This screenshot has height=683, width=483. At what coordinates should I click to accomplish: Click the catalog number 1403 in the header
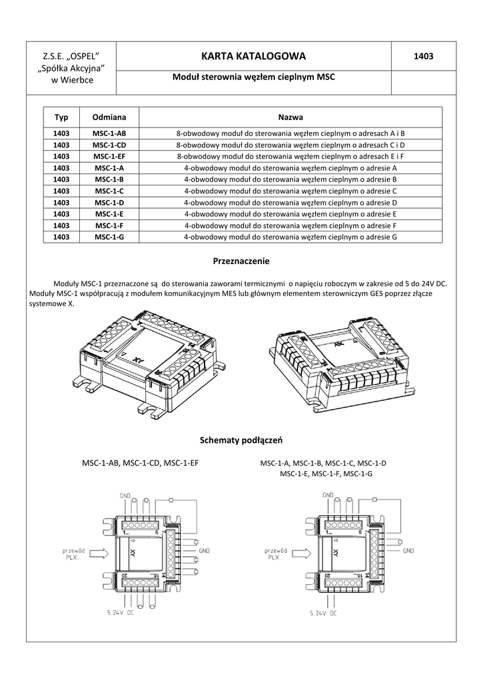(423, 57)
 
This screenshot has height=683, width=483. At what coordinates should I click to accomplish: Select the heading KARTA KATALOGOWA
(253, 56)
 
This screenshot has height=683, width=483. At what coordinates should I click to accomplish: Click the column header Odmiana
(109, 117)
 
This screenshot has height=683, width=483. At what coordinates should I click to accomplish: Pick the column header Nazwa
(290, 117)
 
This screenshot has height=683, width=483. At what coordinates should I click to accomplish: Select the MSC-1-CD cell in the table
(109, 145)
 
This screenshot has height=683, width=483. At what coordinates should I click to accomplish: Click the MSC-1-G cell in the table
(109, 236)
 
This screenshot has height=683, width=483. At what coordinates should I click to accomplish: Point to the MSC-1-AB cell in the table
(109, 133)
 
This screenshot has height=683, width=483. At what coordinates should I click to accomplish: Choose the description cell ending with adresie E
(290, 213)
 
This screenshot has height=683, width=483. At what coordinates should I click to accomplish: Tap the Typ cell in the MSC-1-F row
(61, 225)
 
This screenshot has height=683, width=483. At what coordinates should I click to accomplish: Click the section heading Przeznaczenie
(241, 261)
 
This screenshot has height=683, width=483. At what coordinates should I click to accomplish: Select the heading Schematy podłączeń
(241, 440)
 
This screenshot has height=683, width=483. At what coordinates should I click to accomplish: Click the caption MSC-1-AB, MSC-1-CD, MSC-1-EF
(140, 462)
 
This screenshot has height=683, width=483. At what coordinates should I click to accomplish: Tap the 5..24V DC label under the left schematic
(121, 612)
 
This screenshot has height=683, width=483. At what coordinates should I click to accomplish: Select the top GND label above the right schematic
(327, 496)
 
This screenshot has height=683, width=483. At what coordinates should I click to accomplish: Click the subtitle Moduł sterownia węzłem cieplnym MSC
(253, 77)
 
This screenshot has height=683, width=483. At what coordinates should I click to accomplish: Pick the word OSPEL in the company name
(82, 55)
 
